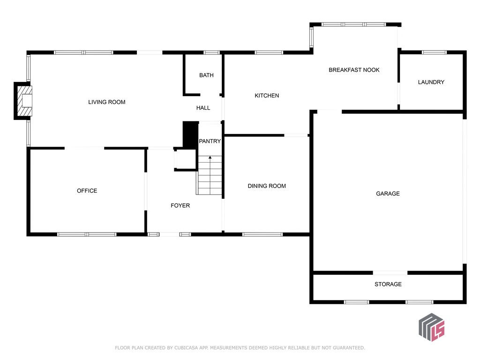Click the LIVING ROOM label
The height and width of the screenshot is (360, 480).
(x=107, y=102)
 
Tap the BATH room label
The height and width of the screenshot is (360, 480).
(x=206, y=75)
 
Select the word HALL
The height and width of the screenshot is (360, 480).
(x=203, y=108)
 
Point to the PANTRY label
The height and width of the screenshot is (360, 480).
(x=210, y=141)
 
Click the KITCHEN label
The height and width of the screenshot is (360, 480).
(x=267, y=96)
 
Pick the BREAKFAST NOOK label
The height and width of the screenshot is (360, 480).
(x=354, y=70)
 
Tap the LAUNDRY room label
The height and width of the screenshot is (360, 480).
(x=431, y=82)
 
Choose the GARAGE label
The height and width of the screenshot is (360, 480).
(x=388, y=194)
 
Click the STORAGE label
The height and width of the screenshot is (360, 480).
(x=388, y=284)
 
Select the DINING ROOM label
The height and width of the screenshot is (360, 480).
(x=267, y=186)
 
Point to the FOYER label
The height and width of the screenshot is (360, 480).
(x=180, y=205)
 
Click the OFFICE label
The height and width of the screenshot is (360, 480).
(x=87, y=191)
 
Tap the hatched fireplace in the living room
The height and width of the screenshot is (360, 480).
(x=24, y=101)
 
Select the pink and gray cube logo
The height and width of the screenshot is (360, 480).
(x=432, y=327)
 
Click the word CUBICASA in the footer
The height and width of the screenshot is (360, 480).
(x=186, y=348)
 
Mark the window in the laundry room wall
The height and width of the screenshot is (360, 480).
(x=434, y=52)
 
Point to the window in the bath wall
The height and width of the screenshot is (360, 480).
(x=211, y=52)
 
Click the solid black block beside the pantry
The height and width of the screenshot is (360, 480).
(x=190, y=135)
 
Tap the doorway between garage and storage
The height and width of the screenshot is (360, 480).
(x=390, y=272)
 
